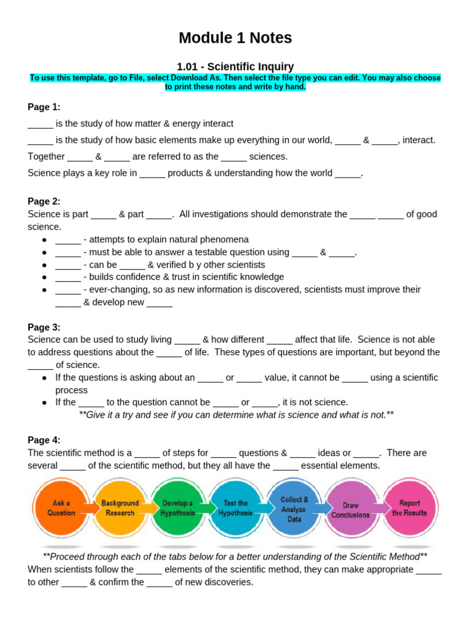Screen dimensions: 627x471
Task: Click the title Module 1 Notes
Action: coord(235,38)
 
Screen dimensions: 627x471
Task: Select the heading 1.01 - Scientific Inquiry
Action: coord(235,67)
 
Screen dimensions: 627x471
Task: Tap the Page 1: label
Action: coord(44,107)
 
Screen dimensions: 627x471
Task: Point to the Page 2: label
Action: coord(44,201)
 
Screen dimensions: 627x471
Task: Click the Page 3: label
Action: coord(44,327)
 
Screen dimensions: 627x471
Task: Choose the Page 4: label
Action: coord(44,440)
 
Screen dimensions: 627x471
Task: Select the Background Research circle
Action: coord(120,508)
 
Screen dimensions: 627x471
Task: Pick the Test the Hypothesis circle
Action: coord(235,508)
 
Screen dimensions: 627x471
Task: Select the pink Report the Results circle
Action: coord(409,508)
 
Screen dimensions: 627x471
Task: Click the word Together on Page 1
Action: coord(46,156)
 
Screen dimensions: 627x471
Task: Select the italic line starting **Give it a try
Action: coord(236,415)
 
